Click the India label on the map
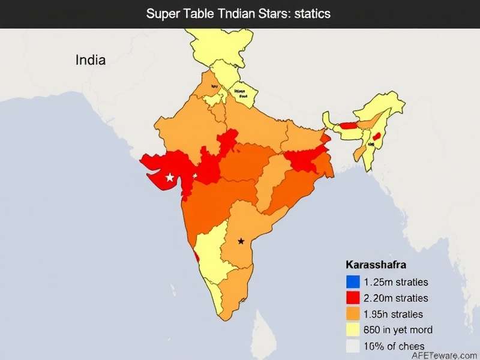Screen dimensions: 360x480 click(91, 60)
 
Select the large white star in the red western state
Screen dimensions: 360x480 click(170, 177)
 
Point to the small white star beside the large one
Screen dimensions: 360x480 click(194, 176)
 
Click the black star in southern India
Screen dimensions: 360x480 click(241, 241)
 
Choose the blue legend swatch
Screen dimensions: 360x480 click(353, 281)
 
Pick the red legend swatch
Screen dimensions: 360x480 click(353, 298)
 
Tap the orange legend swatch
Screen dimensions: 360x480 click(353, 314)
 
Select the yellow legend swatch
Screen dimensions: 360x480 click(353, 329)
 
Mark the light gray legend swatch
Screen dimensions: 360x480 click(353, 346)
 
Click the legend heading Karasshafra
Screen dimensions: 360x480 click(376, 265)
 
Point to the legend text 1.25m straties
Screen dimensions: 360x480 click(396, 281)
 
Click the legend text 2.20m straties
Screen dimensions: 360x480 click(396, 298)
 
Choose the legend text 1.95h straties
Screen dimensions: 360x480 click(393, 314)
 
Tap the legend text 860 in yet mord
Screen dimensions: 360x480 click(398, 329)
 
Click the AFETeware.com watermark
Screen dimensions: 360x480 click(443, 354)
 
